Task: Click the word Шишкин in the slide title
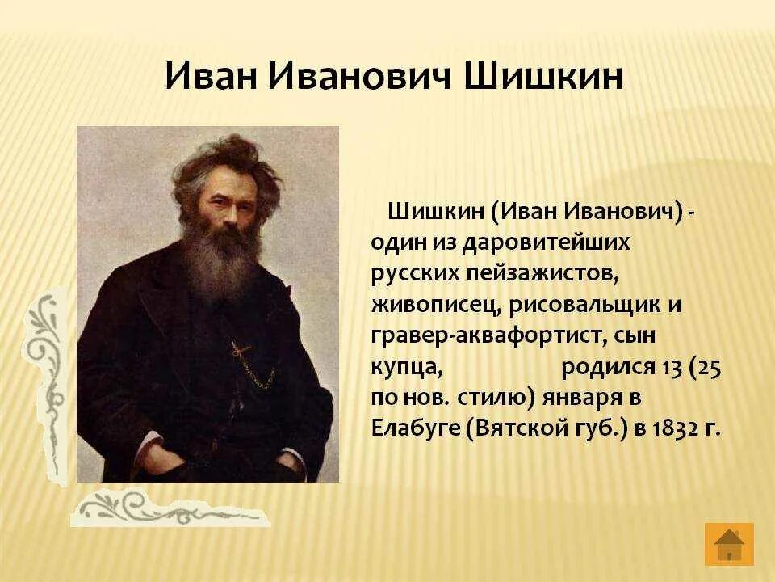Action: click(x=543, y=77)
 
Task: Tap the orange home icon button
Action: click(x=729, y=543)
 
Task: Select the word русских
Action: click(x=415, y=274)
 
